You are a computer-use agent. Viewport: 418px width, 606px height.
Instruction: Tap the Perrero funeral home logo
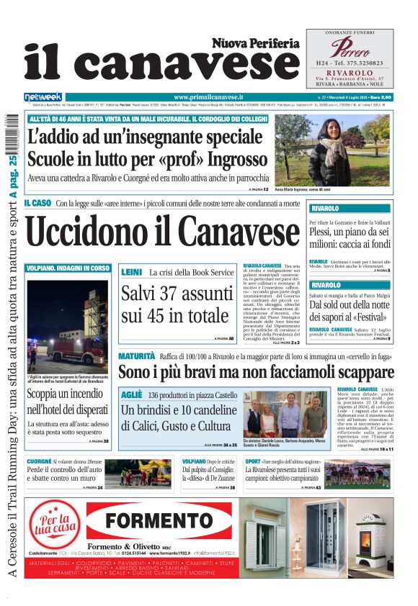[350, 49]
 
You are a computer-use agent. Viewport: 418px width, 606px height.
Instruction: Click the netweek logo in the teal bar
[43, 96]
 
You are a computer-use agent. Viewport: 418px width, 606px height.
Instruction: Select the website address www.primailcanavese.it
[209, 96]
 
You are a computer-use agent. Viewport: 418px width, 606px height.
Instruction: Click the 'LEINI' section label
[131, 273]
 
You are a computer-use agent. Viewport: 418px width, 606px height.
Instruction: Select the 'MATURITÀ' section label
[136, 356]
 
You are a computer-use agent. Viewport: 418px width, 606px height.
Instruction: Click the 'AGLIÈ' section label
[131, 395]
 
